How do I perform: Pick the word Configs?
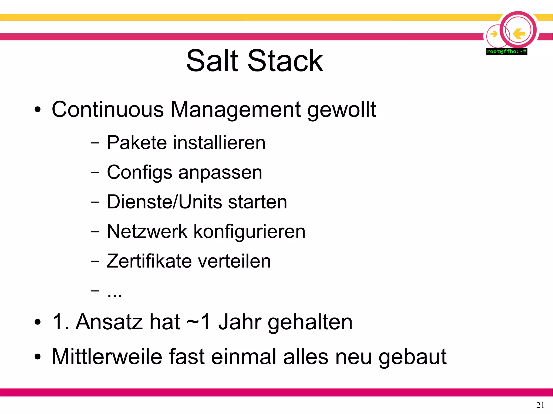click(x=139, y=173)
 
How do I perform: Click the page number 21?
click(x=540, y=405)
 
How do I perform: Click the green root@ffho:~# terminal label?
click(x=507, y=52)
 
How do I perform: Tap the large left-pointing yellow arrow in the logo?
click(x=519, y=34)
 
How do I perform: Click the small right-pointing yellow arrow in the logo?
click(x=494, y=34)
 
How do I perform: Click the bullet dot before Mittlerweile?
click(x=38, y=357)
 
